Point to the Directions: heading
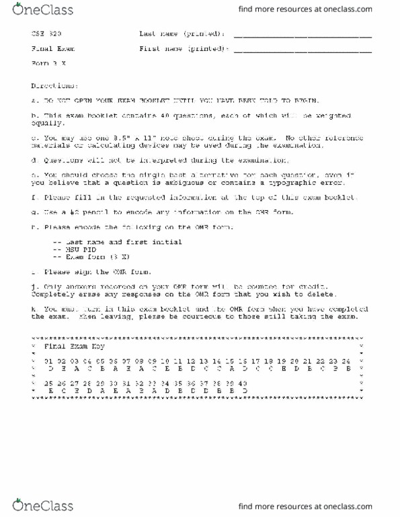click(54, 86)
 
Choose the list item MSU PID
click(79, 249)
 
